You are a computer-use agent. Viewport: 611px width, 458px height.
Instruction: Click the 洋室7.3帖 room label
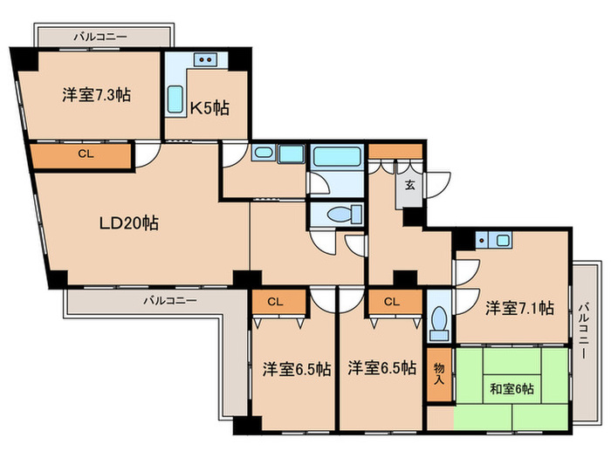[x=96, y=95]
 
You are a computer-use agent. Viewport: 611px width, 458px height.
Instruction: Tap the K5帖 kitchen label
[x=209, y=108]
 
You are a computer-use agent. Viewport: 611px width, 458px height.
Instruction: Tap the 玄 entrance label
[x=408, y=185]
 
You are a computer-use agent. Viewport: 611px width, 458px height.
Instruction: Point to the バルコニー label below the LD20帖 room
[x=170, y=300]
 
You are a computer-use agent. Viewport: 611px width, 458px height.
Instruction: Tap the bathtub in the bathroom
[x=337, y=158]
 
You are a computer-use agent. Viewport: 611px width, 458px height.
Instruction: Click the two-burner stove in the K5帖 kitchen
[x=208, y=60]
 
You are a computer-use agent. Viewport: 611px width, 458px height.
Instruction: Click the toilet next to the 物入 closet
[x=439, y=321]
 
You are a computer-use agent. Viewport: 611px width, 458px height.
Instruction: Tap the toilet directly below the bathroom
[x=339, y=214]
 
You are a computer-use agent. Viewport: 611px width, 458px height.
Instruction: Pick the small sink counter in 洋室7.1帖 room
[x=495, y=239]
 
